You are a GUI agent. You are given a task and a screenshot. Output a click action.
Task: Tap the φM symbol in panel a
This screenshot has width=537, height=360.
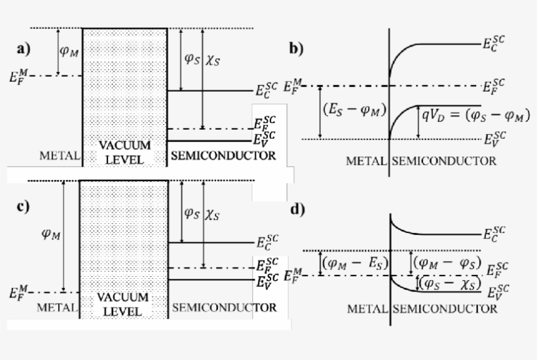point(69,51)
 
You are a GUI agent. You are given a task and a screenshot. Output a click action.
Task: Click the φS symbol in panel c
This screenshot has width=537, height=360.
point(191,213)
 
